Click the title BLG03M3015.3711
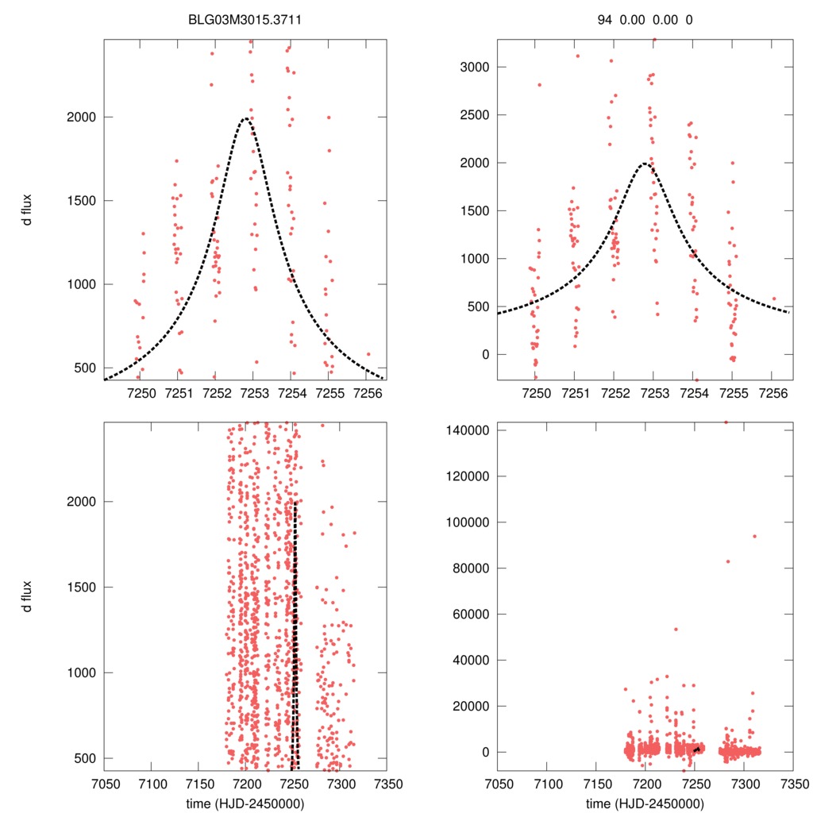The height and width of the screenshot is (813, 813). (250, 21)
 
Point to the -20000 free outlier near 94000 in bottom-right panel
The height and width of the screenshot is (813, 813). (754, 536)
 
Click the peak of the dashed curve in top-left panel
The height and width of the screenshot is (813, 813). (245, 118)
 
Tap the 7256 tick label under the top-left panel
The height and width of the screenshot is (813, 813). (366, 393)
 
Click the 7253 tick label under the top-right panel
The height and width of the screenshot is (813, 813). (653, 393)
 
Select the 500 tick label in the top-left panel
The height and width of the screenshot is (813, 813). (78, 368)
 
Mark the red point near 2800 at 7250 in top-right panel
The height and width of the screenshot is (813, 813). (540, 85)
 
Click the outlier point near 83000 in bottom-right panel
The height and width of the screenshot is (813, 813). (728, 561)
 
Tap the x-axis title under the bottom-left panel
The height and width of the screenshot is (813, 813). (250, 803)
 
